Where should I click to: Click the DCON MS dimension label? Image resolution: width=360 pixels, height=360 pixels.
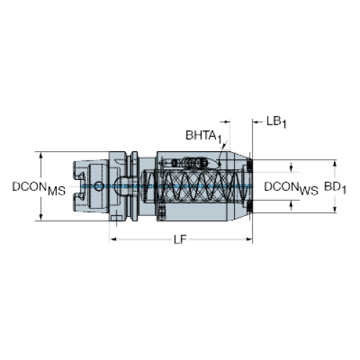click(39, 188)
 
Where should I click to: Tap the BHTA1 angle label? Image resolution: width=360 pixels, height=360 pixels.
click(203, 136)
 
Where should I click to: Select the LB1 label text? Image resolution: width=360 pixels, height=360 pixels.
click(276, 122)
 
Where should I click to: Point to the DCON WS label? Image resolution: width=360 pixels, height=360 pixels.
click(291, 188)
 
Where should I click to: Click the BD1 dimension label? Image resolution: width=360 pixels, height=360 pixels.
click(335, 188)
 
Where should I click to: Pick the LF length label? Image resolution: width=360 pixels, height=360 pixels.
click(180, 239)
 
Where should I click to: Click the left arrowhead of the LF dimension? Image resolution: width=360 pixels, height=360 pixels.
click(113, 239)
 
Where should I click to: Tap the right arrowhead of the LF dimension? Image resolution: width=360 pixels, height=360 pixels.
click(249, 239)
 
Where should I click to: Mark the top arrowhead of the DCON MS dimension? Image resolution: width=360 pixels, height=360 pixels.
click(41, 155)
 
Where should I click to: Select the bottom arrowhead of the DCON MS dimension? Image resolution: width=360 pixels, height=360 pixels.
click(41, 217)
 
